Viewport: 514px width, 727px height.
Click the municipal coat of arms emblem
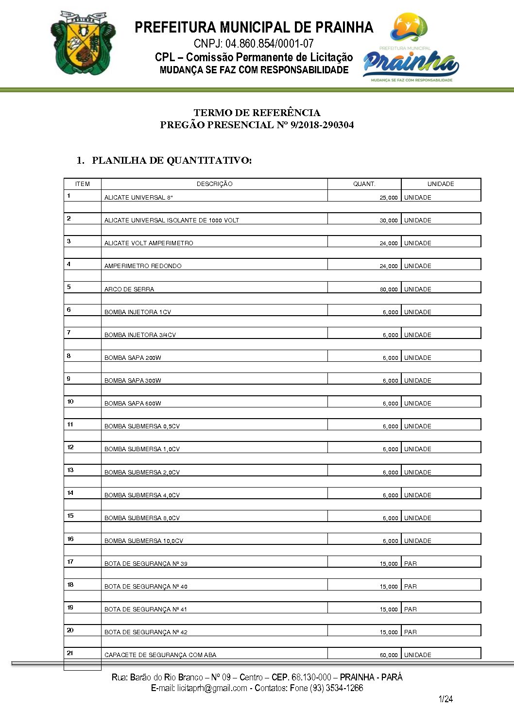coord(83,43)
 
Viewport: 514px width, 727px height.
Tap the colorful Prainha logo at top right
coord(410,49)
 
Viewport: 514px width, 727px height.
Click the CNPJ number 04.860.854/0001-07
coord(254,44)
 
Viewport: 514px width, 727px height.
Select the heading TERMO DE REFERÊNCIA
coord(257,113)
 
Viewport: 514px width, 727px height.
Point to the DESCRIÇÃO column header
coord(214,184)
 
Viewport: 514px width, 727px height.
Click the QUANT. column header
coord(364,184)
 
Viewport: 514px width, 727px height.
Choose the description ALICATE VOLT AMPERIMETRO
coord(149,243)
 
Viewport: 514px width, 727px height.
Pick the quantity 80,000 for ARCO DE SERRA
coord(389,289)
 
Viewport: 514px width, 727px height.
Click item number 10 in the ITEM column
coord(70,402)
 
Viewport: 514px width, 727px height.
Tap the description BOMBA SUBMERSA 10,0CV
coord(144,541)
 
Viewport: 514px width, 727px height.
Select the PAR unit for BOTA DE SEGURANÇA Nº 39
coord(411,564)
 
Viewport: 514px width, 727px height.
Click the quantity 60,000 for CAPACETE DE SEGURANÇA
coord(389,655)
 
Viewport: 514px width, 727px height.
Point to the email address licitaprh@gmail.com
coord(212,688)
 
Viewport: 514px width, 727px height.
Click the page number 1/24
coord(445,699)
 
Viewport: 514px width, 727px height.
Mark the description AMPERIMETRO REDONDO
coord(143,266)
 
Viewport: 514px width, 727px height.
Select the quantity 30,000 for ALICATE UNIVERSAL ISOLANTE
coord(389,220)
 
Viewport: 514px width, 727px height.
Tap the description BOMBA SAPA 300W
coord(133,381)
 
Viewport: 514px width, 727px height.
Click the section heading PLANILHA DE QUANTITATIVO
coord(171,161)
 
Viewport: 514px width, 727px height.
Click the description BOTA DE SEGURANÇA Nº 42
coord(146,632)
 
